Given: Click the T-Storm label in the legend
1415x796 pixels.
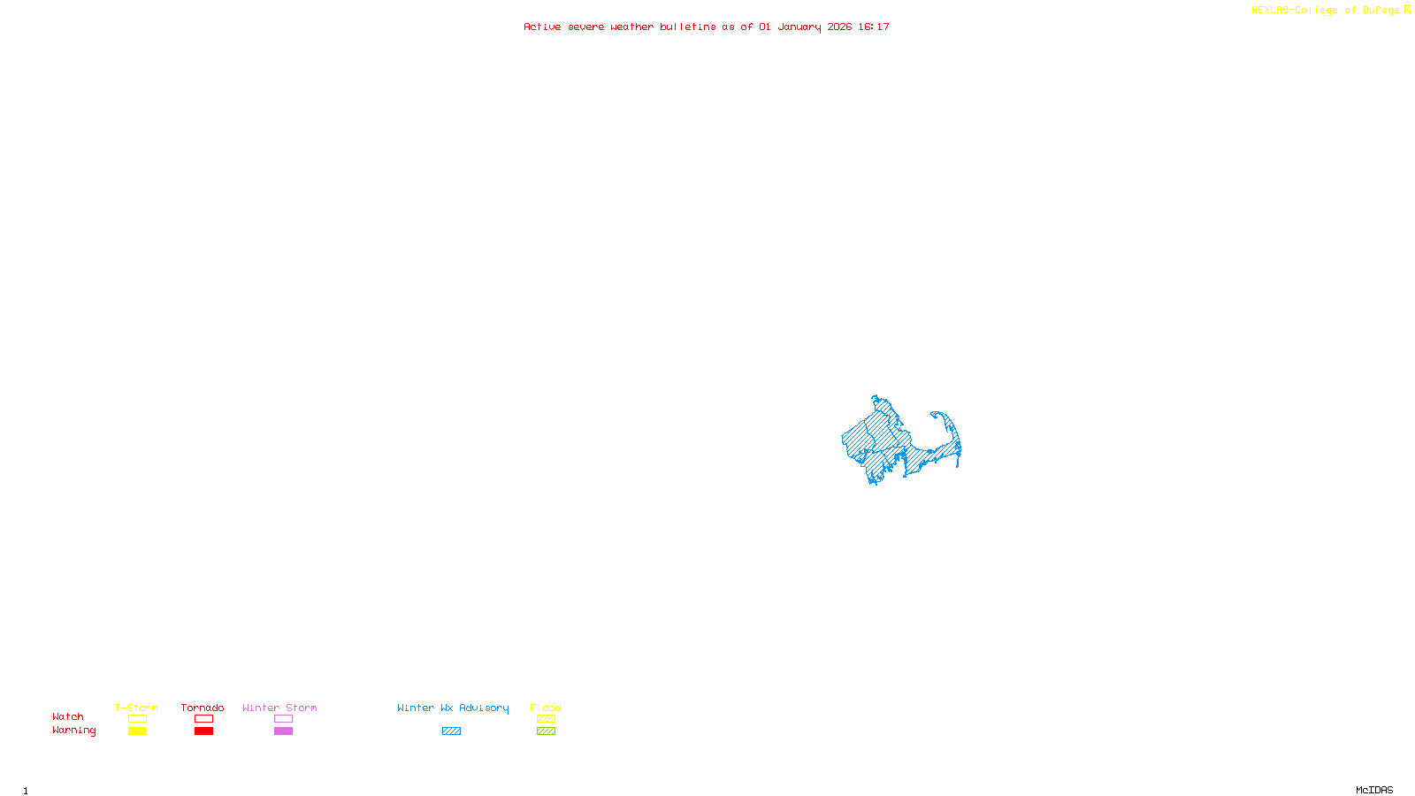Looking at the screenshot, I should click(x=136, y=708).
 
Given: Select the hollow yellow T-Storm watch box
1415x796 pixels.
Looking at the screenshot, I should click(x=137, y=719).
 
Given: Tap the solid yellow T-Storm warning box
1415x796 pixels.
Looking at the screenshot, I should click(x=137, y=731).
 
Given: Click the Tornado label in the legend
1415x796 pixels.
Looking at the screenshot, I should click(x=203, y=708).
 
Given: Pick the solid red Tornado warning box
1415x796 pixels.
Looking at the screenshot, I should click(x=203, y=731).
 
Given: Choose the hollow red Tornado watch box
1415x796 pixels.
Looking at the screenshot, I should click(x=203, y=719).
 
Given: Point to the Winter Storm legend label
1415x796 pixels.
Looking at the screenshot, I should click(x=279, y=708).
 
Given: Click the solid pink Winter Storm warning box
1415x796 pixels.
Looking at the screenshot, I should click(x=283, y=731).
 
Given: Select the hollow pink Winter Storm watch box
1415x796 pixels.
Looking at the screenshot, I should click(x=283, y=719).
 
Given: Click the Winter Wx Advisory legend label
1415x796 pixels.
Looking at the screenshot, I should click(x=453, y=708).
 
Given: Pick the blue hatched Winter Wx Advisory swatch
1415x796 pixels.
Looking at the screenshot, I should click(x=451, y=731).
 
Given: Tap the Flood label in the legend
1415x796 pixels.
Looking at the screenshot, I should click(x=546, y=708).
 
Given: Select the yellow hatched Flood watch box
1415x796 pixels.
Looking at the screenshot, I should click(x=546, y=719).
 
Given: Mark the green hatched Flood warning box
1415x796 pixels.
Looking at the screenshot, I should click(x=546, y=731).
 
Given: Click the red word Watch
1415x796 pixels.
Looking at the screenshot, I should click(x=68, y=716).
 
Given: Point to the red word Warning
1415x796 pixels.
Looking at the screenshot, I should click(x=73, y=731).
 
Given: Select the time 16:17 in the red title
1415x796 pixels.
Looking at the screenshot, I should click(x=874, y=27).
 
